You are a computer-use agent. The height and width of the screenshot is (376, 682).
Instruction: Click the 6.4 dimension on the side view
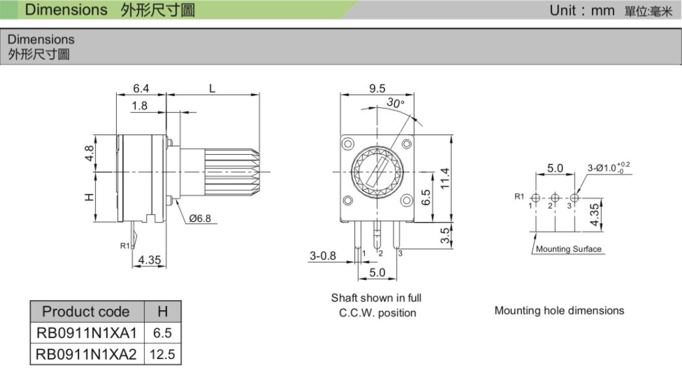(x=141, y=88)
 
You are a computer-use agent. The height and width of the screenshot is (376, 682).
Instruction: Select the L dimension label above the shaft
(x=212, y=88)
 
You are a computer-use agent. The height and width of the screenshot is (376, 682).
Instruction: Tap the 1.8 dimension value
(x=139, y=106)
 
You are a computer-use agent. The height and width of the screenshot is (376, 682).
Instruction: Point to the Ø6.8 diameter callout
(x=200, y=219)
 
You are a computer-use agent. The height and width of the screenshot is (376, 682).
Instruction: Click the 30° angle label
(x=395, y=103)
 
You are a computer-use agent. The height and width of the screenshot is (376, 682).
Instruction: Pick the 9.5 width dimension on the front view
(x=377, y=88)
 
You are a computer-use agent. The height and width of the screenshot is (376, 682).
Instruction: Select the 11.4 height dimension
(x=444, y=178)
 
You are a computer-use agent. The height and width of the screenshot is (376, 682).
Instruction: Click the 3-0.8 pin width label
(x=323, y=255)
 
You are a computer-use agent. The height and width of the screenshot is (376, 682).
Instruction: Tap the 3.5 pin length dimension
(x=444, y=236)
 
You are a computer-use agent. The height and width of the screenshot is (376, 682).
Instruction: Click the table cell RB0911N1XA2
(x=87, y=354)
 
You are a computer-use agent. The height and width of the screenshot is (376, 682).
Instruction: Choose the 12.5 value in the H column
(x=163, y=354)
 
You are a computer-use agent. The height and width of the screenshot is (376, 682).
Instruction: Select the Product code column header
(x=86, y=311)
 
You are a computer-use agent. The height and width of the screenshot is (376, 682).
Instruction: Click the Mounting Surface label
(x=568, y=249)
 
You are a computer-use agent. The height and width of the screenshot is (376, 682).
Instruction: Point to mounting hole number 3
(x=574, y=198)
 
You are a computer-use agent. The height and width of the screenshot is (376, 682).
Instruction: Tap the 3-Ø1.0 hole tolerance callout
(x=609, y=168)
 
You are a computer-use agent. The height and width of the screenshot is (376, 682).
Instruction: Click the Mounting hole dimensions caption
(x=559, y=310)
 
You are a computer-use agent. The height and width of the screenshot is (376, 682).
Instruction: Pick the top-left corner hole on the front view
(x=347, y=143)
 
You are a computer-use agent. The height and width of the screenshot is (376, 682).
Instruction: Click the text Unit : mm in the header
(x=581, y=10)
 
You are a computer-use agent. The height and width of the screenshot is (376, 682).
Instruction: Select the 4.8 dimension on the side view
(x=89, y=153)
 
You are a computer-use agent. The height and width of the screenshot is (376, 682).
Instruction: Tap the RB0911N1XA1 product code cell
(x=87, y=333)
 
